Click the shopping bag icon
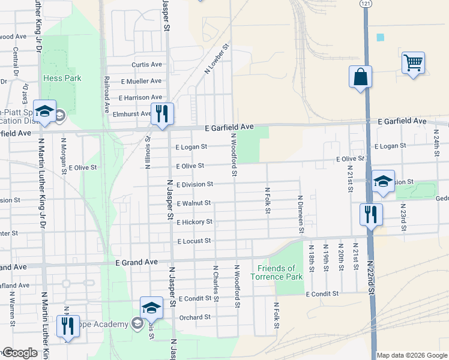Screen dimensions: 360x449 360,77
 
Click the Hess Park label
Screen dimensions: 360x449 62,78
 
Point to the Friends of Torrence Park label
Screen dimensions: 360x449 277,272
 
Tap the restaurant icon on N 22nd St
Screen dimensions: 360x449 371,214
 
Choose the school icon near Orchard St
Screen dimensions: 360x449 151,308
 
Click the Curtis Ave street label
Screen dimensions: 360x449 147,65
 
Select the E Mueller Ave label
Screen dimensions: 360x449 141,81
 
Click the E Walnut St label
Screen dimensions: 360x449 194,203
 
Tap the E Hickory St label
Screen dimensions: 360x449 194,222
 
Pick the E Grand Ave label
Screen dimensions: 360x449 136,262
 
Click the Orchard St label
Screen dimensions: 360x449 194,317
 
